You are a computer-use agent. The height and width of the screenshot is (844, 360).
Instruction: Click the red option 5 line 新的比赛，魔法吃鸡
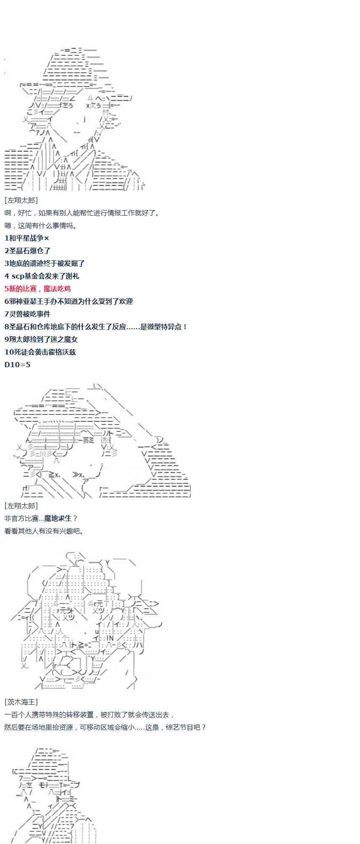tap(38, 289)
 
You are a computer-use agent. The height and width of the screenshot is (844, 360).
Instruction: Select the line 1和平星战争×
tap(27, 238)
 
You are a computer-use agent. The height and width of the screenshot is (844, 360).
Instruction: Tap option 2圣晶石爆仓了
tap(27, 251)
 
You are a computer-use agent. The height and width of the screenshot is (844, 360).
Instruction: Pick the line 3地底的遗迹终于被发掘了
tap(44, 263)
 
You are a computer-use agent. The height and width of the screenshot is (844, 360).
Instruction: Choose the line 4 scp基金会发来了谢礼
tap(42, 276)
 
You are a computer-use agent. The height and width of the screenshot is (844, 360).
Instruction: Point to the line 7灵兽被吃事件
tap(27, 314)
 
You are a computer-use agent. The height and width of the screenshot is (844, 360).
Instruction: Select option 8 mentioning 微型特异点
tap(96, 327)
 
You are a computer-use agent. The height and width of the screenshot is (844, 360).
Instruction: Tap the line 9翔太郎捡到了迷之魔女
tap(41, 339)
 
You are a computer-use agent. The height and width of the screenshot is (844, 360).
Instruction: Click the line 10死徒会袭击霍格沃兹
tap(40, 352)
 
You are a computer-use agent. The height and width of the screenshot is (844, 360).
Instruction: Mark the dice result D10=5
tap(17, 365)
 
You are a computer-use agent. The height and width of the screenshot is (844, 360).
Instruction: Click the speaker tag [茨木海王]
tap(21, 702)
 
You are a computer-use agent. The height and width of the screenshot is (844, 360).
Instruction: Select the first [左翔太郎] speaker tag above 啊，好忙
tap(21, 200)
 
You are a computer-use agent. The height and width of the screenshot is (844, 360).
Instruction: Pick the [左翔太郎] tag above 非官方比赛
tap(21, 506)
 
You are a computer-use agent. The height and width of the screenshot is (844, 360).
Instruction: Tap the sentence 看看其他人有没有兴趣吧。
tap(44, 531)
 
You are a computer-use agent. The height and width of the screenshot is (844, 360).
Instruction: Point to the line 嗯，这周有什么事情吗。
tap(41, 225)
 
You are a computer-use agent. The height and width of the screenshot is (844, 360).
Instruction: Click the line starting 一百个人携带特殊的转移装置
tap(89, 714)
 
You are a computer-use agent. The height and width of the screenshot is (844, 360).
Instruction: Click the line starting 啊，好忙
tap(82, 213)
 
